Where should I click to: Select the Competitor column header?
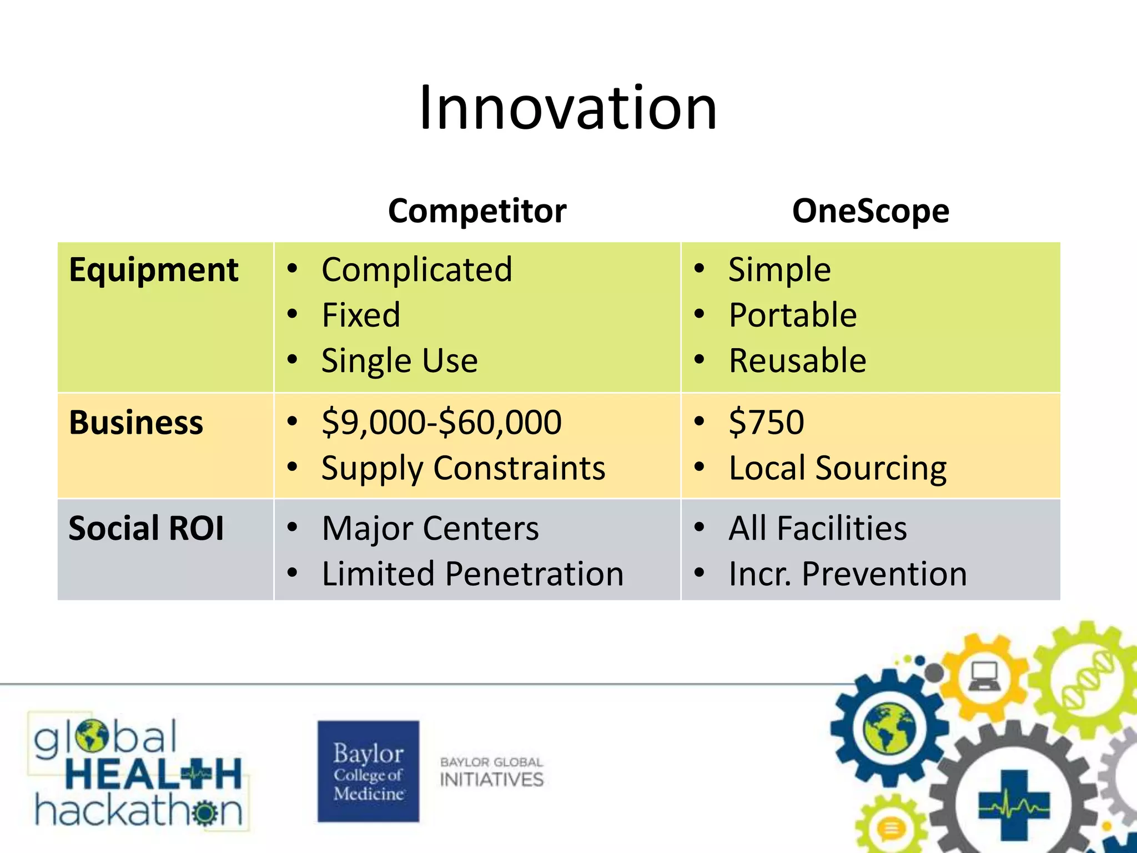coord(477,211)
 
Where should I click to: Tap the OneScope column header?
coord(870,211)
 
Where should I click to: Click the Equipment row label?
coord(153,270)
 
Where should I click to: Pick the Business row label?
coord(136,423)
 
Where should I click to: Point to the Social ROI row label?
coord(146,528)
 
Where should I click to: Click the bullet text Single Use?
coord(399,361)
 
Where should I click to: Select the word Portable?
coord(792,315)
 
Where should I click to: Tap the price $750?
coord(766,422)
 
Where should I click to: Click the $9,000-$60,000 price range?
coord(441,422)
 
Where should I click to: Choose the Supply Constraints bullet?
coord(463,468)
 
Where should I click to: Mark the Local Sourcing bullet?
coord(837,468)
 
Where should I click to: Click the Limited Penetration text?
coord(472,574)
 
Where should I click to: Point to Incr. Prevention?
coord(847,574)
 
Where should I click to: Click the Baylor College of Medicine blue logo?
coord(368,771)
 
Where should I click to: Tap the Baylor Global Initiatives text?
coord(491,772)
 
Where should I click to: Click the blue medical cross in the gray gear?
coord(1014,804)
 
